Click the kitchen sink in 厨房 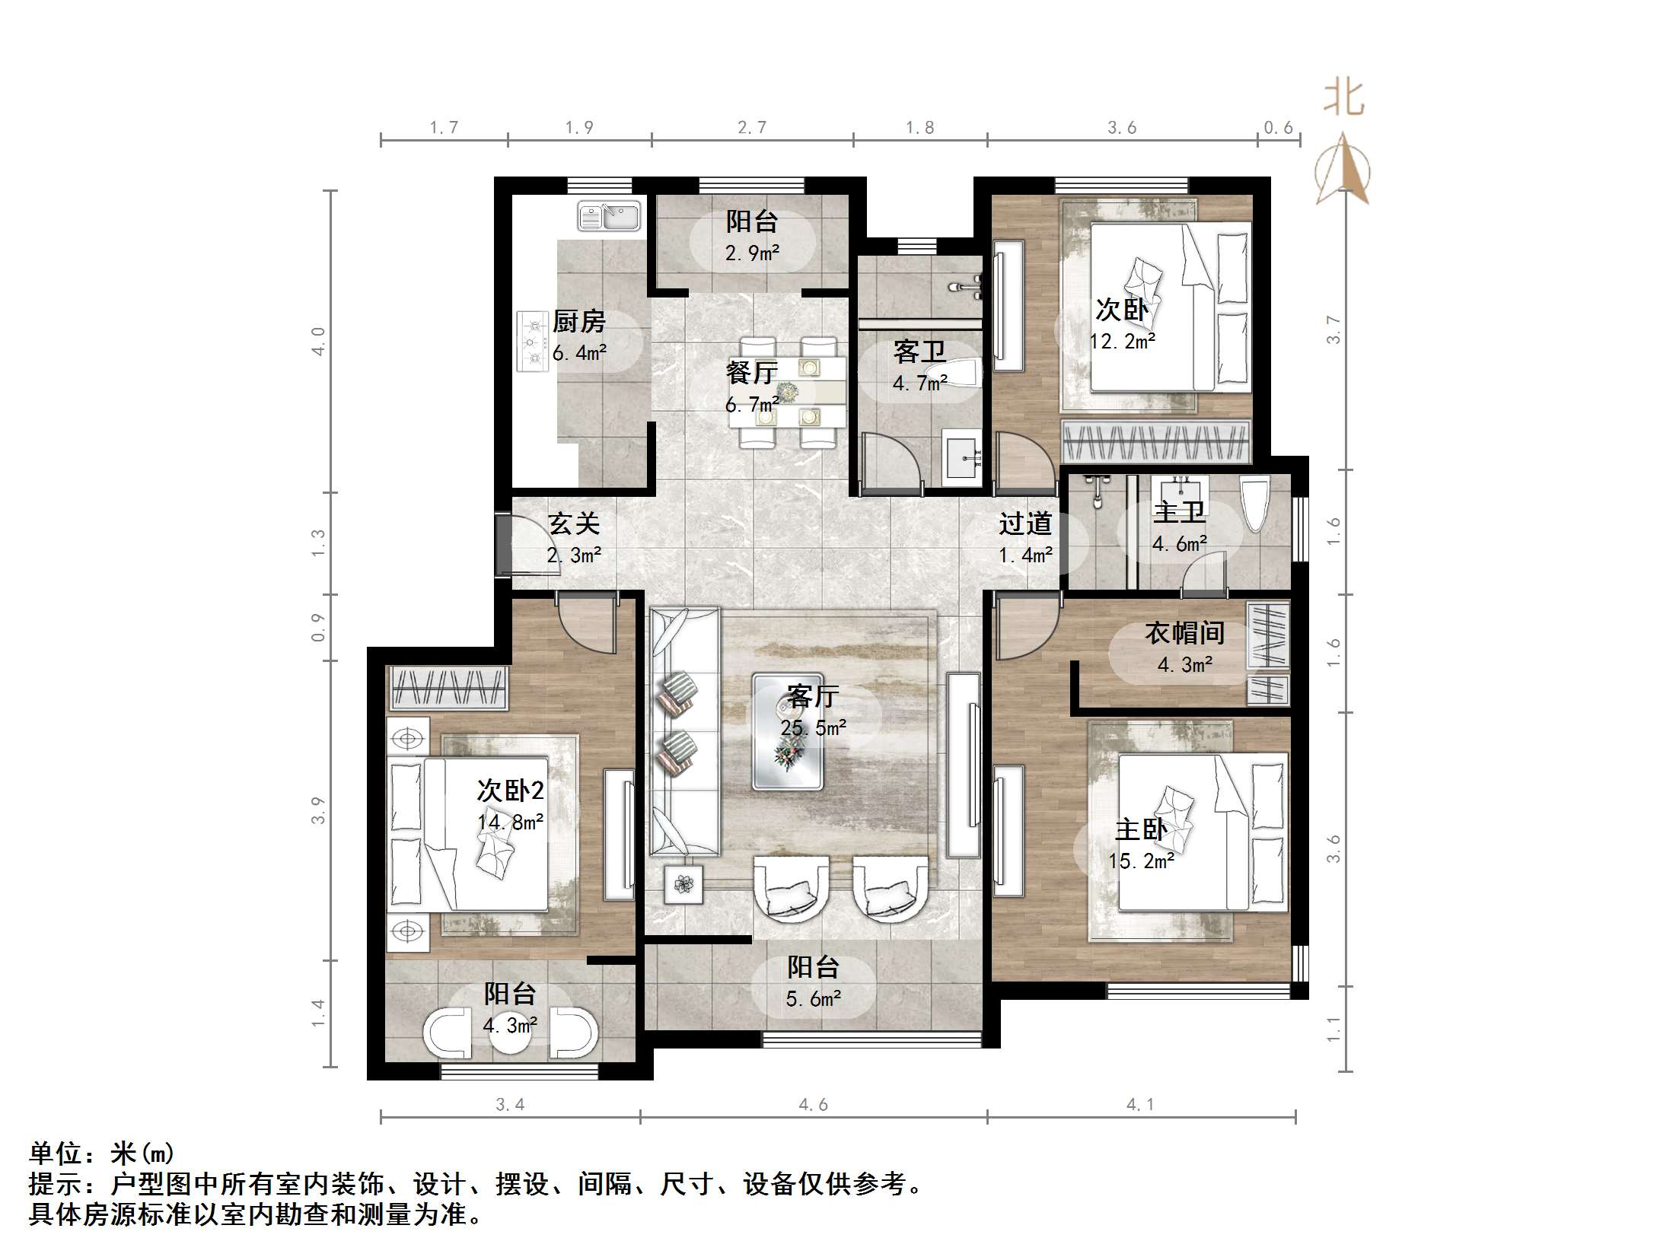pos(609,216)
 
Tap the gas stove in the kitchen pos(533,341)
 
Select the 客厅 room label pos(813,695)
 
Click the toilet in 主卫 pos(1254,502)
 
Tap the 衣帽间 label pos(1185,633)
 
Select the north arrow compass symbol pos(1343,171)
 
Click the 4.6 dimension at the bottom pos(813,1105)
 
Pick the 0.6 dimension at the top pos(1278,128)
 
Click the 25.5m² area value pos(813,728)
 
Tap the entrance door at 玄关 pos(504,543)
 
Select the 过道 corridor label pos(1025,523)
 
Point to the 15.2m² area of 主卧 pos(1141,861)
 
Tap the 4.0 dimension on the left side pos(318,341)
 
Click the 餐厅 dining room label pos(751,373)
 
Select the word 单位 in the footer pos(56,1154)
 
